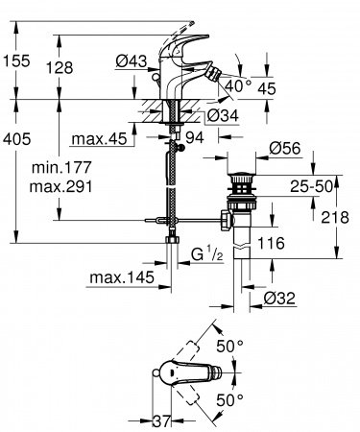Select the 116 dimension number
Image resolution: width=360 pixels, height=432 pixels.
[282, 247]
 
